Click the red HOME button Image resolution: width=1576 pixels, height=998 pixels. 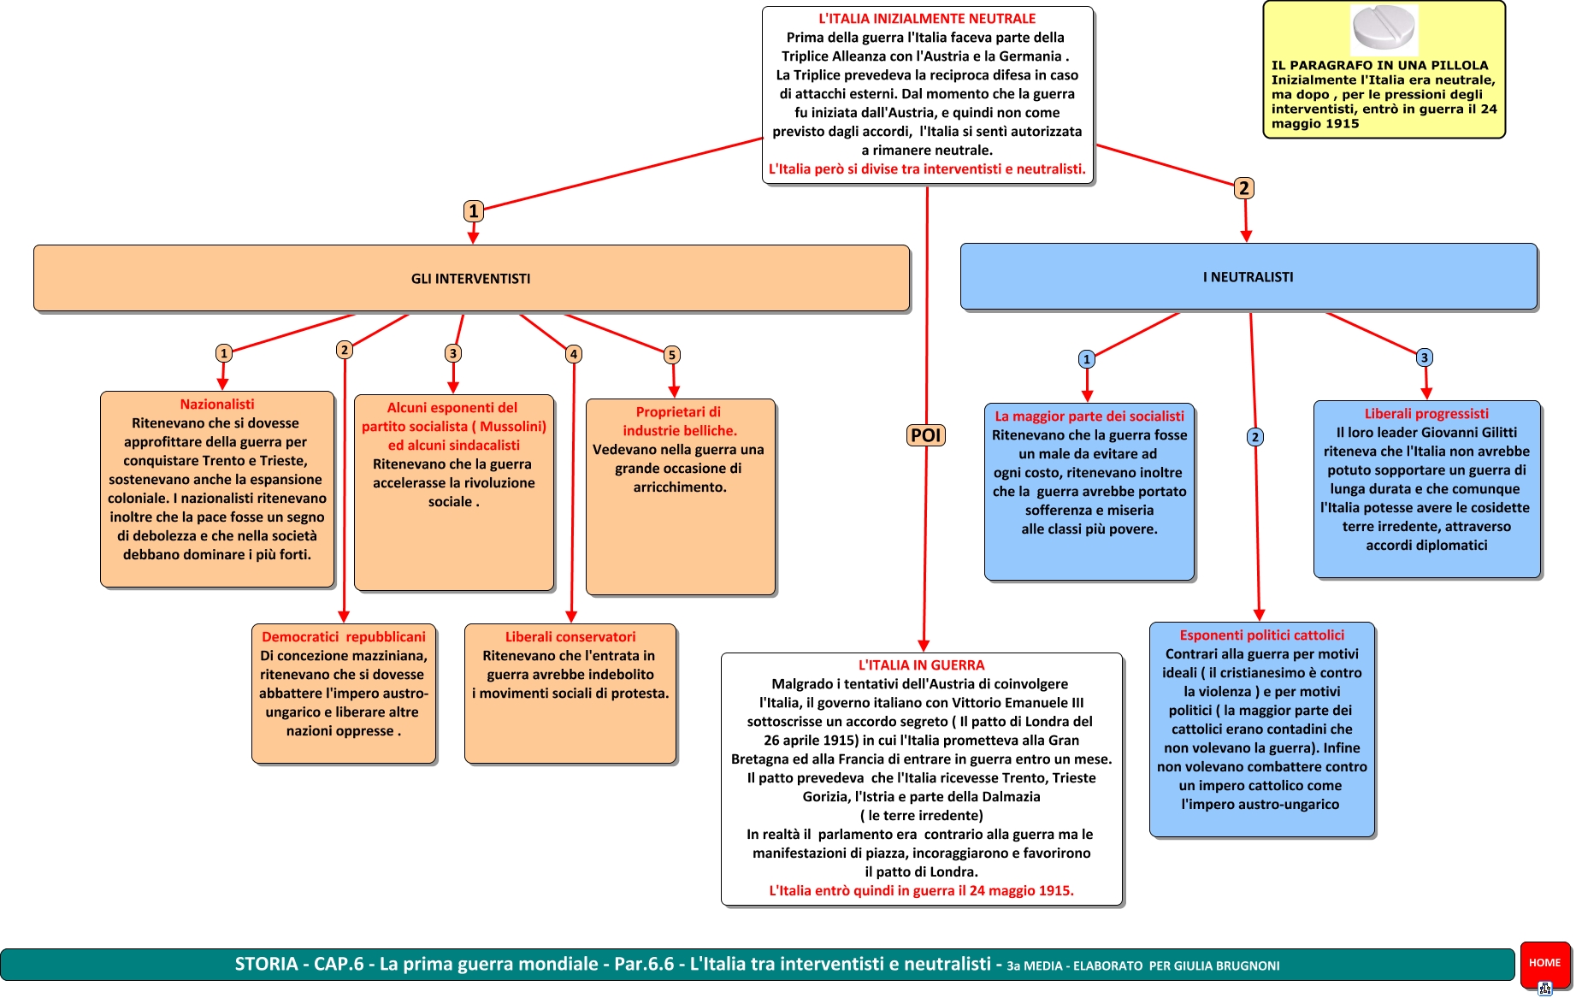click(x=1544, y=963)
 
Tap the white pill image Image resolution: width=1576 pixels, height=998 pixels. click(x=1384, y=28)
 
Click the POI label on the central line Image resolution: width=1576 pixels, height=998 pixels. click(x=925, y=435)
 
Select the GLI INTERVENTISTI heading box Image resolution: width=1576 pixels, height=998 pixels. click(x=471, y=279)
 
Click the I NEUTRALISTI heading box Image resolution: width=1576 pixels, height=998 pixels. click(x=1248, y=277)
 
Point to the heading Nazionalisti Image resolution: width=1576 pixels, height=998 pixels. click(x=217, y=405)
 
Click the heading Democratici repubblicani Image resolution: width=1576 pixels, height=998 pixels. click(x=344, y=637)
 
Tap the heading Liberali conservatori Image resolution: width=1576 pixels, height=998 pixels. click(x=570, y=637)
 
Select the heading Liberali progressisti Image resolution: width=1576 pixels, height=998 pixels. click(x=1426, y=414)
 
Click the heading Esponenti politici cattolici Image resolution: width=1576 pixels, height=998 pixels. click(x=1262, y=635)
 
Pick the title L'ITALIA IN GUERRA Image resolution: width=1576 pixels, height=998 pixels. click(x=922, y=665)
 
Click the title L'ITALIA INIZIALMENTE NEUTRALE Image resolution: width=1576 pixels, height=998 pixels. click(x=927, y=19)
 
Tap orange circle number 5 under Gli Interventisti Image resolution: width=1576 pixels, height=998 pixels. click(x=672, y=355)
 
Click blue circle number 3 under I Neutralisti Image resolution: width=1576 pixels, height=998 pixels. click(x=1425, y=357)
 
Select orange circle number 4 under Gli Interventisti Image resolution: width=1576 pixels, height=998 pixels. click(x=574, y=354)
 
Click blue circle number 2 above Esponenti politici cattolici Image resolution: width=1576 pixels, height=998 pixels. click(x=1255, y=437)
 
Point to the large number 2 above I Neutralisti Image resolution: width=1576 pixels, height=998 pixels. click(x=1244, y=188)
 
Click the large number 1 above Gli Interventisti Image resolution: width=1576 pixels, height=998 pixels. click(x=474, y=211)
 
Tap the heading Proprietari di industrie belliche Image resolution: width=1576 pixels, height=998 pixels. click(x=680, y=422)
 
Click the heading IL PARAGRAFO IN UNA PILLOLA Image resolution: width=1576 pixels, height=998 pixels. click(x=1379, y=65)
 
